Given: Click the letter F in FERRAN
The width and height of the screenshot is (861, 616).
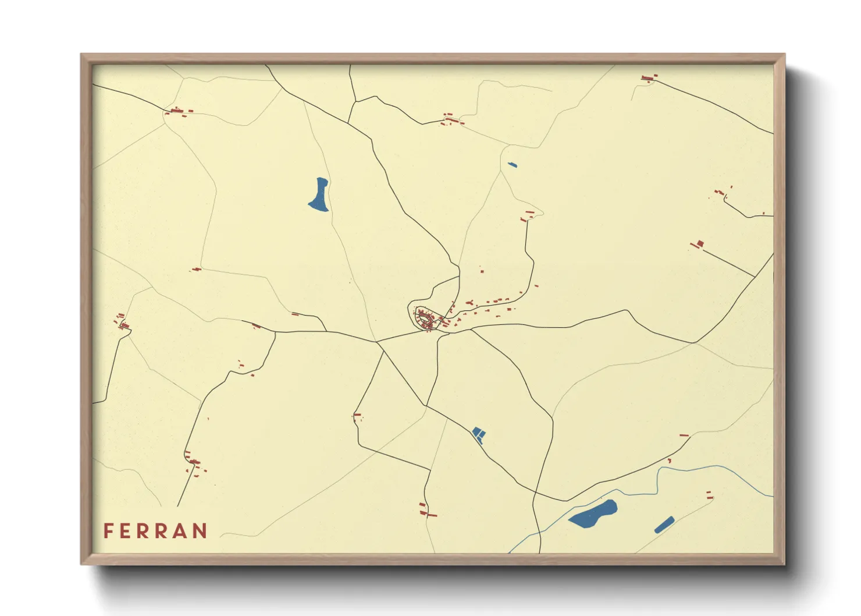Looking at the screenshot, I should [x=108, y=531].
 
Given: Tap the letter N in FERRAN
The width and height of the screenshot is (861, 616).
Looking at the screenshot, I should [x=200, y=531].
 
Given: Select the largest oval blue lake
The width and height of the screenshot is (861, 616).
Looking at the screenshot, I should [x=592, y=514].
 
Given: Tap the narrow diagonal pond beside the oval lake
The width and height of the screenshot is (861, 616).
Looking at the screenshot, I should [x=664, y=525].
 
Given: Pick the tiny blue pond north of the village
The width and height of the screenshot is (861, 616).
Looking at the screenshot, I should [x=512, y=165].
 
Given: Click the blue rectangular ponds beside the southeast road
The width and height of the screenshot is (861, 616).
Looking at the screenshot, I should [x=478, y=434].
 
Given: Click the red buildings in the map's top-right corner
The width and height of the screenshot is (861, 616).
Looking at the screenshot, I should [x=649, y=77].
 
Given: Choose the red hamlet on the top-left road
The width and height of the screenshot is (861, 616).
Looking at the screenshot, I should [x=178, y=111].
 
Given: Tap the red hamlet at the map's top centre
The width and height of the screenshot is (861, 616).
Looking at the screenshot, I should [x=451, y=121].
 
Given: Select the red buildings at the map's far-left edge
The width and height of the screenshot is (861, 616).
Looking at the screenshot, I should [x=122, y=321].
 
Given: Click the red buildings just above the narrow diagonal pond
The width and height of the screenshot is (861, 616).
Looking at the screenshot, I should [x=709, y=495].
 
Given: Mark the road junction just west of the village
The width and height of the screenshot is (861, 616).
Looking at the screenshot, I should [x=376, y=341].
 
